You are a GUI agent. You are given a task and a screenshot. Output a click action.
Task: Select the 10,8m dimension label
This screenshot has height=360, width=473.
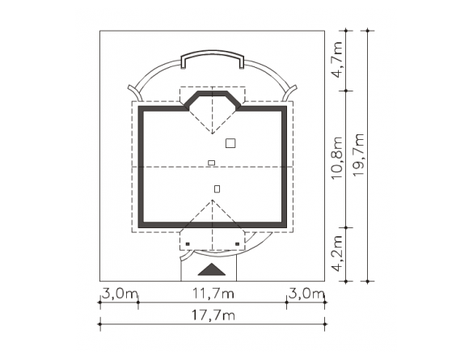pos(338,159)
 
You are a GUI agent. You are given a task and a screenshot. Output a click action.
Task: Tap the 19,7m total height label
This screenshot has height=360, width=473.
pos(359,155)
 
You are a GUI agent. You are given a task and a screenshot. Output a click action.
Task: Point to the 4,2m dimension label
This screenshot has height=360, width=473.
pos(338,254)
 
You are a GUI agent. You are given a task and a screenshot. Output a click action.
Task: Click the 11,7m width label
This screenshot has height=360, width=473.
pos(213,293)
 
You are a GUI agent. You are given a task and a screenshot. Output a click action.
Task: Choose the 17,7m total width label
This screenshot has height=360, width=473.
pos(213,316)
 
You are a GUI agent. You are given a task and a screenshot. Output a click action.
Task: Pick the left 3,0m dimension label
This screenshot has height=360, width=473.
pos(120,294)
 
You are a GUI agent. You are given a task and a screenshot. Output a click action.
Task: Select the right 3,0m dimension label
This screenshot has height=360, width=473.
pos(306,294)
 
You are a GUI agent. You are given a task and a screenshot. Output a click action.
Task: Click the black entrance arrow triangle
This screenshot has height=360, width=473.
pos(212,269)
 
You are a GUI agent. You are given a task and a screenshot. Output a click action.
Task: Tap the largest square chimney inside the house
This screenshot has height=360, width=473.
pos(230,143)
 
